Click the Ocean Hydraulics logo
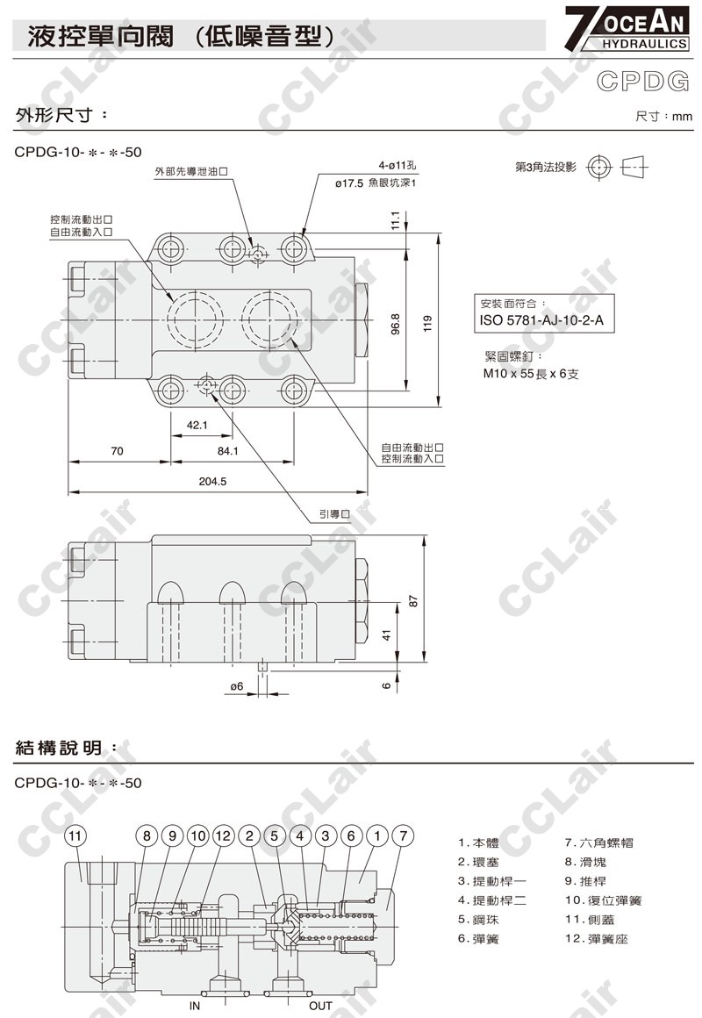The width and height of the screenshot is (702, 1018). click(x=626, y=29)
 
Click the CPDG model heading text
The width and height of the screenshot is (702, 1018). click(x=643, y=81)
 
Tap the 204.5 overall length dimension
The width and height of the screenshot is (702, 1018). click(x=212, y=481)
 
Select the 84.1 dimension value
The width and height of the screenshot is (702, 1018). click(x=228, y=450)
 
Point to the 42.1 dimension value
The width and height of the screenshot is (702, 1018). click(x=197, y=426)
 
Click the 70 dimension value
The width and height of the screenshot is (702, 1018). click(x=117, y=450)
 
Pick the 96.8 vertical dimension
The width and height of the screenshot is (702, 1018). click(x=396, y=325)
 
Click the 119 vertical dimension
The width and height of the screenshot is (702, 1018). click(x=427, y=324)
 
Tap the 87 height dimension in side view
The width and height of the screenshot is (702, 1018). click(x=413, y=601)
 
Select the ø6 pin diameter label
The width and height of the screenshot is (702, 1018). click(x=237, y=686)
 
